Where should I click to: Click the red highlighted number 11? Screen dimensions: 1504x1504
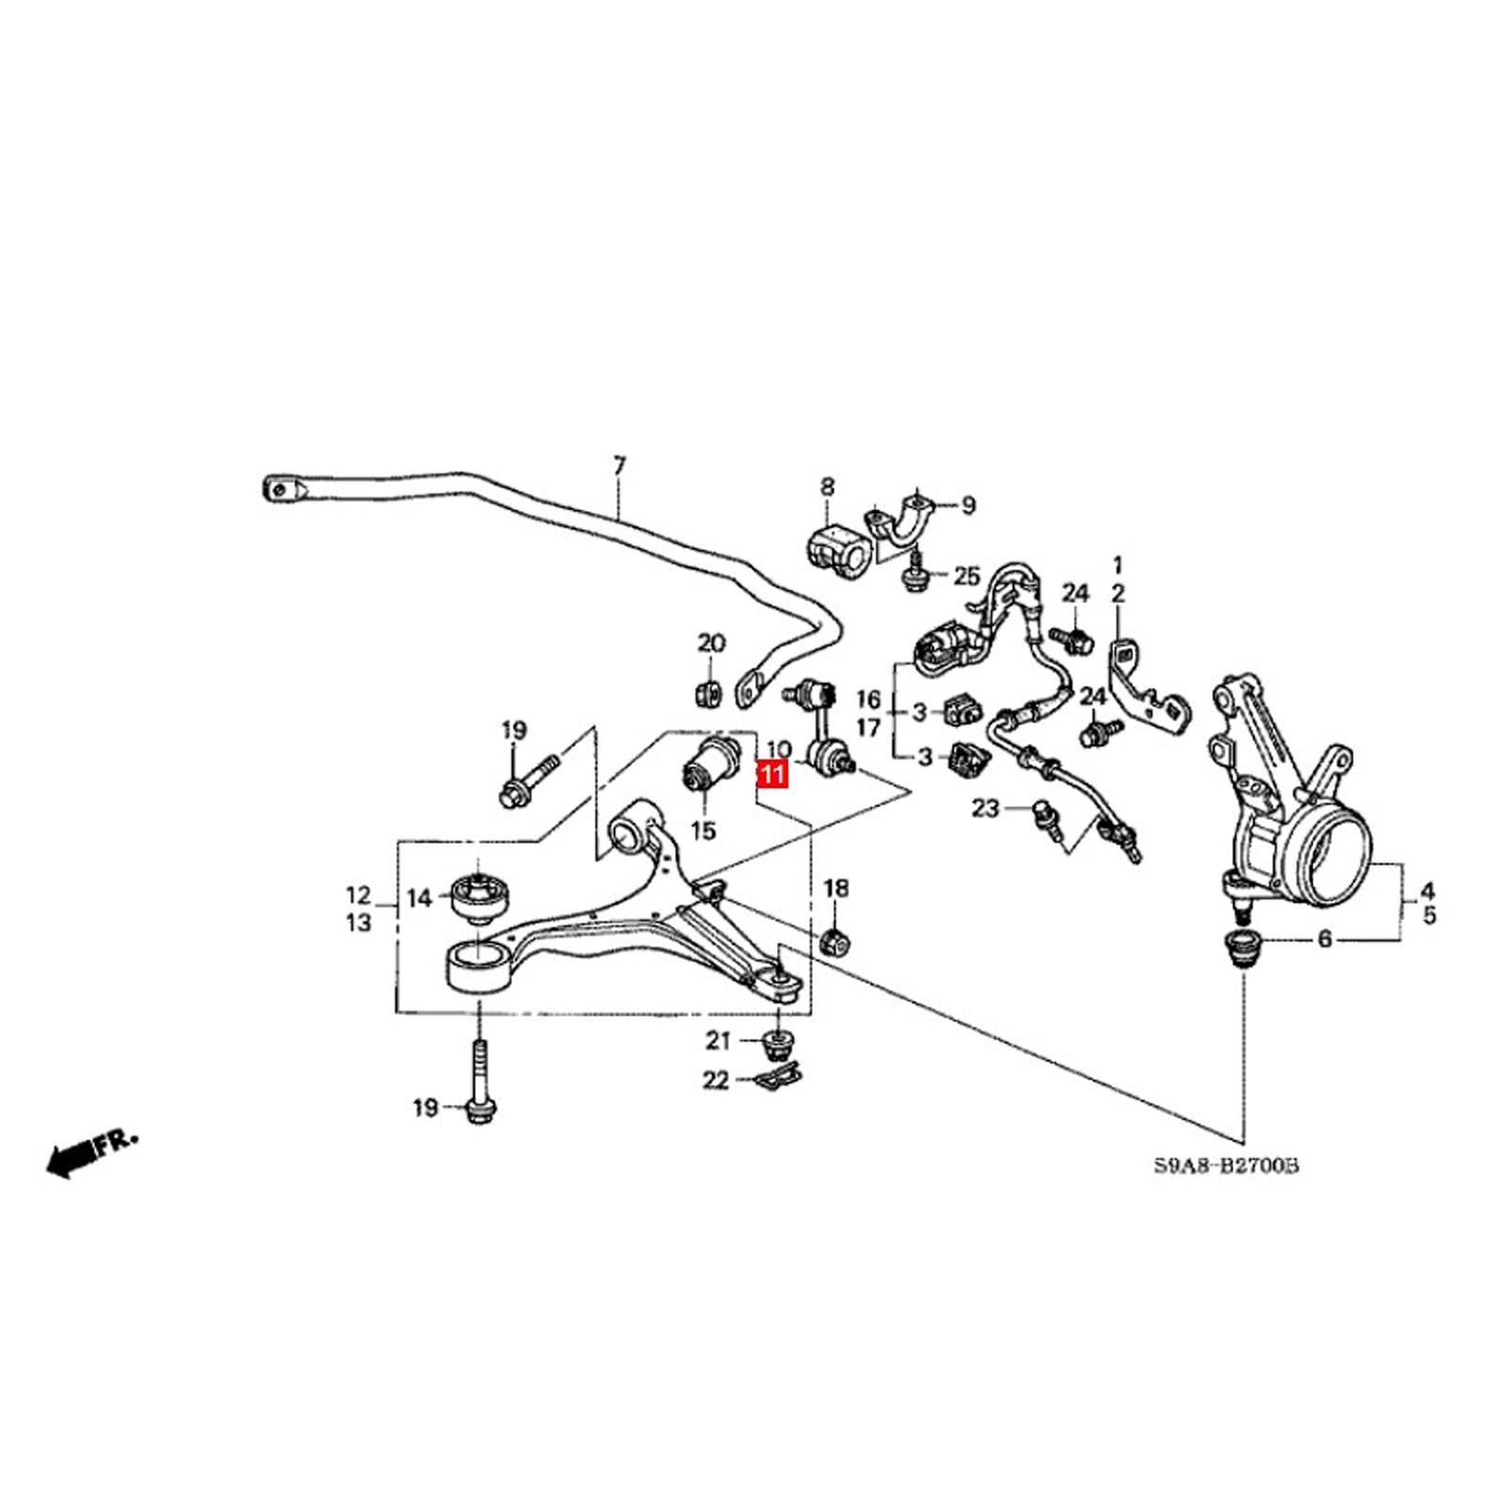772,775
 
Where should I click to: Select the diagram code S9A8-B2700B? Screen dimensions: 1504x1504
1226,1166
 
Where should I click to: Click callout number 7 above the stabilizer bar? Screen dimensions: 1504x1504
618,466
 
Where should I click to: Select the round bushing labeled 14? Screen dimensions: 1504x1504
479,897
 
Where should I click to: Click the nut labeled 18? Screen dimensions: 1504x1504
835,940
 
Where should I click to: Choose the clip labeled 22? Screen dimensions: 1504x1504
778,1078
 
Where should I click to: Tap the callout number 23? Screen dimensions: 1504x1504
985,807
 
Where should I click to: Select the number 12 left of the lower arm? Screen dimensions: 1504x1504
359,895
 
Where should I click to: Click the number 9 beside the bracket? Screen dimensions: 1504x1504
968,505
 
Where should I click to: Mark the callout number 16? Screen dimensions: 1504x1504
868,699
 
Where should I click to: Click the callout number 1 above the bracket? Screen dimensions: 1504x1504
1118,566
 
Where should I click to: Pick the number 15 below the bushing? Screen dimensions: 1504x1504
703,830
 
